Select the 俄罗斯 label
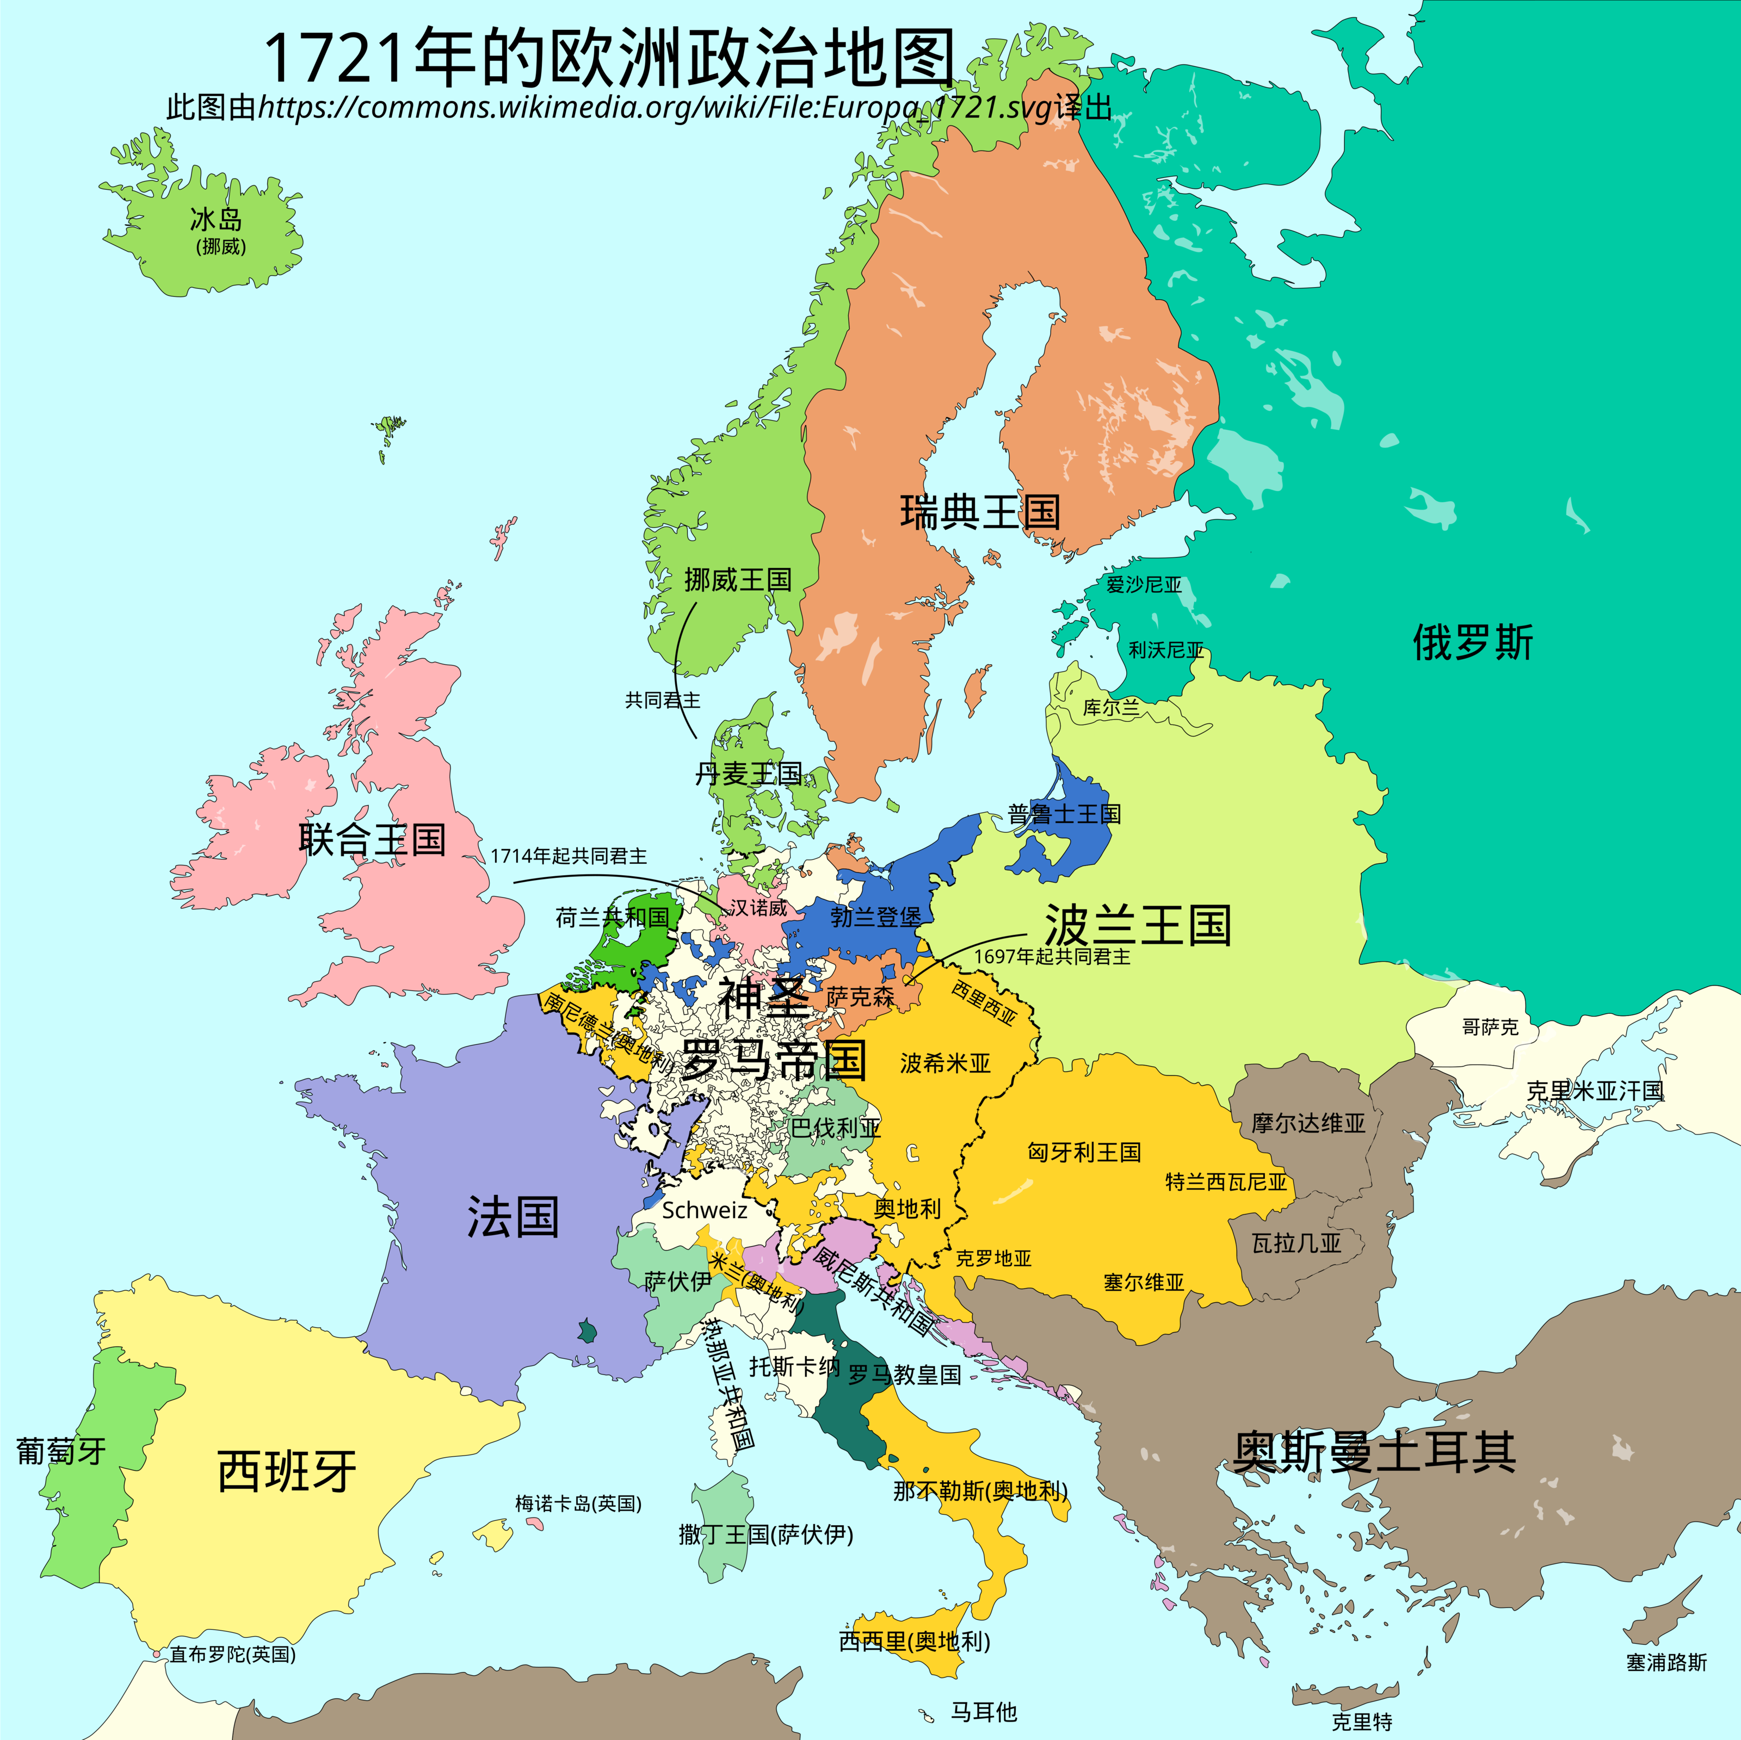point(1472,642)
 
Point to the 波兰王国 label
point(1137,925)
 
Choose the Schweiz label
point(704,1210)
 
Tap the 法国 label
point(513,1217)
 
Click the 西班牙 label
point(287,1471)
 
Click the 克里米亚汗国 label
point(1594,1091)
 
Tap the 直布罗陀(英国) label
point(232,1655)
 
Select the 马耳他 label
point(983,1711)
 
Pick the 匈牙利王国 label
point(1084,1151)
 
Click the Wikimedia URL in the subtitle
point(655,107)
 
